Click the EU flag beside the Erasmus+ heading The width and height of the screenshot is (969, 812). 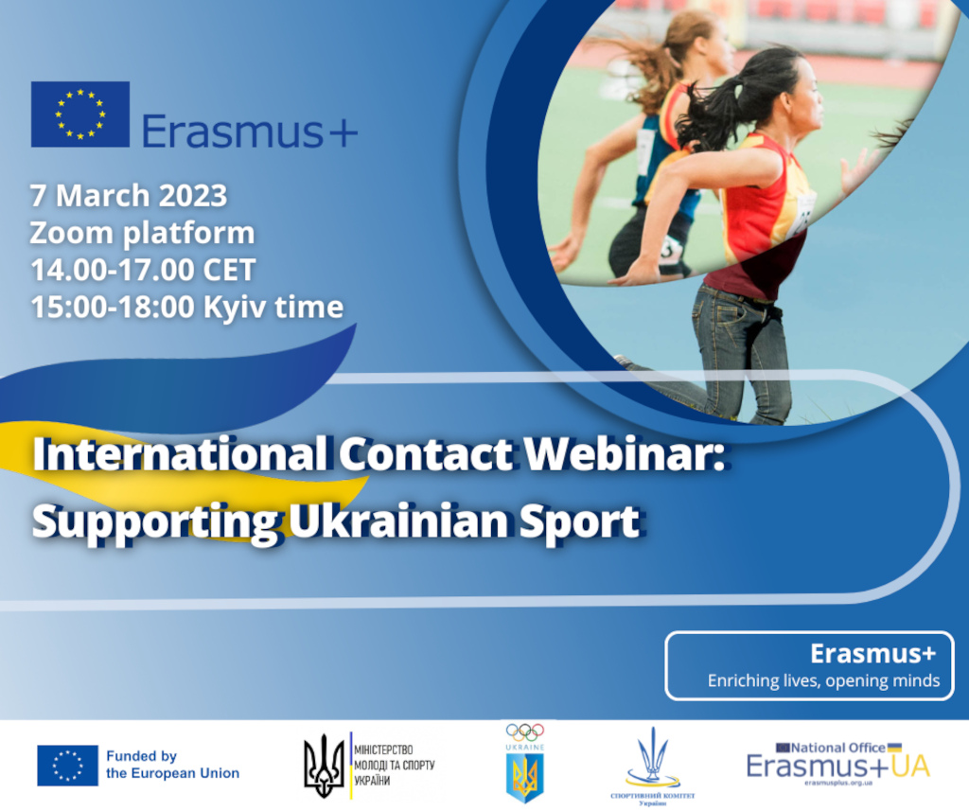click(x=79, y=115)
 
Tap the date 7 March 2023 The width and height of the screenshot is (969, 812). click(x=129, y=196)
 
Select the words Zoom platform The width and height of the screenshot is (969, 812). click(x=142, y=233)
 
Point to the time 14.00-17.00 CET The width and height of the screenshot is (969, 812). click(x=143, y=270)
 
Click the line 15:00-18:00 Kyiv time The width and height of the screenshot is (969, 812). click(x=186, y=307)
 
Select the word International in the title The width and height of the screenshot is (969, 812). click(x=180, y=455)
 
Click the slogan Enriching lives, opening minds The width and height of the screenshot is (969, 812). click(x=823, y=680)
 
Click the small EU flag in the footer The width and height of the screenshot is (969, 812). click(x=67, y=765)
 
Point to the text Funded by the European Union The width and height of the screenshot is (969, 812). click(x=172, y=765)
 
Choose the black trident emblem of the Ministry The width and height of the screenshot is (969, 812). click(x=324, y=766)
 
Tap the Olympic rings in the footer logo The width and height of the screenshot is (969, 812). click(x=524, y=732)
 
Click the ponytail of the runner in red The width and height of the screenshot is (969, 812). click(x=719, y=104)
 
